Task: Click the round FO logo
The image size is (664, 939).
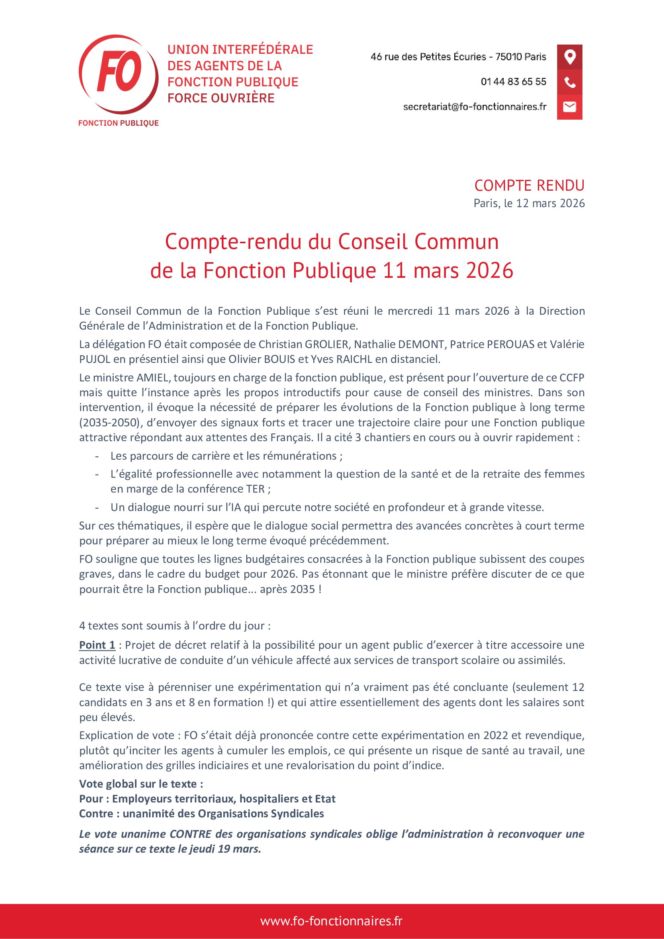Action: (x=118, y=74)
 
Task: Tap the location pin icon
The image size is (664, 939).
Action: (x=570, y=57)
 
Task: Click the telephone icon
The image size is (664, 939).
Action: (x=570, y=82)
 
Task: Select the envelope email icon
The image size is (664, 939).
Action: (x=570, y=107)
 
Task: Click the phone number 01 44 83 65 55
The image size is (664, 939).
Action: (x=513, y=82)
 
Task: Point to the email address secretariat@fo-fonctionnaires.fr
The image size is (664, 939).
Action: (x=474, y=107)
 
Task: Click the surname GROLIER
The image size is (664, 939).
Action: (x=328, y=344)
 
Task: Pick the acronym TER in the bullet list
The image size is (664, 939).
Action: (x=256, y=489)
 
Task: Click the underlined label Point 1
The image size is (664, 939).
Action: (x=97, y=646)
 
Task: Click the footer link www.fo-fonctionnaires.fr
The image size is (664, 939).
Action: (x=331, y=921)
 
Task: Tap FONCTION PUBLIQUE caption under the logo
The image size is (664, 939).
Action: (x=118, y=123)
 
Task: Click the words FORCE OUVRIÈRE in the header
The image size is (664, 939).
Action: (x=221, y=98)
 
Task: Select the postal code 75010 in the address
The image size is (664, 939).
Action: (x=507, y=57)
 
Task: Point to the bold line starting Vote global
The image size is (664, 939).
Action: (x=141, y=784)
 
